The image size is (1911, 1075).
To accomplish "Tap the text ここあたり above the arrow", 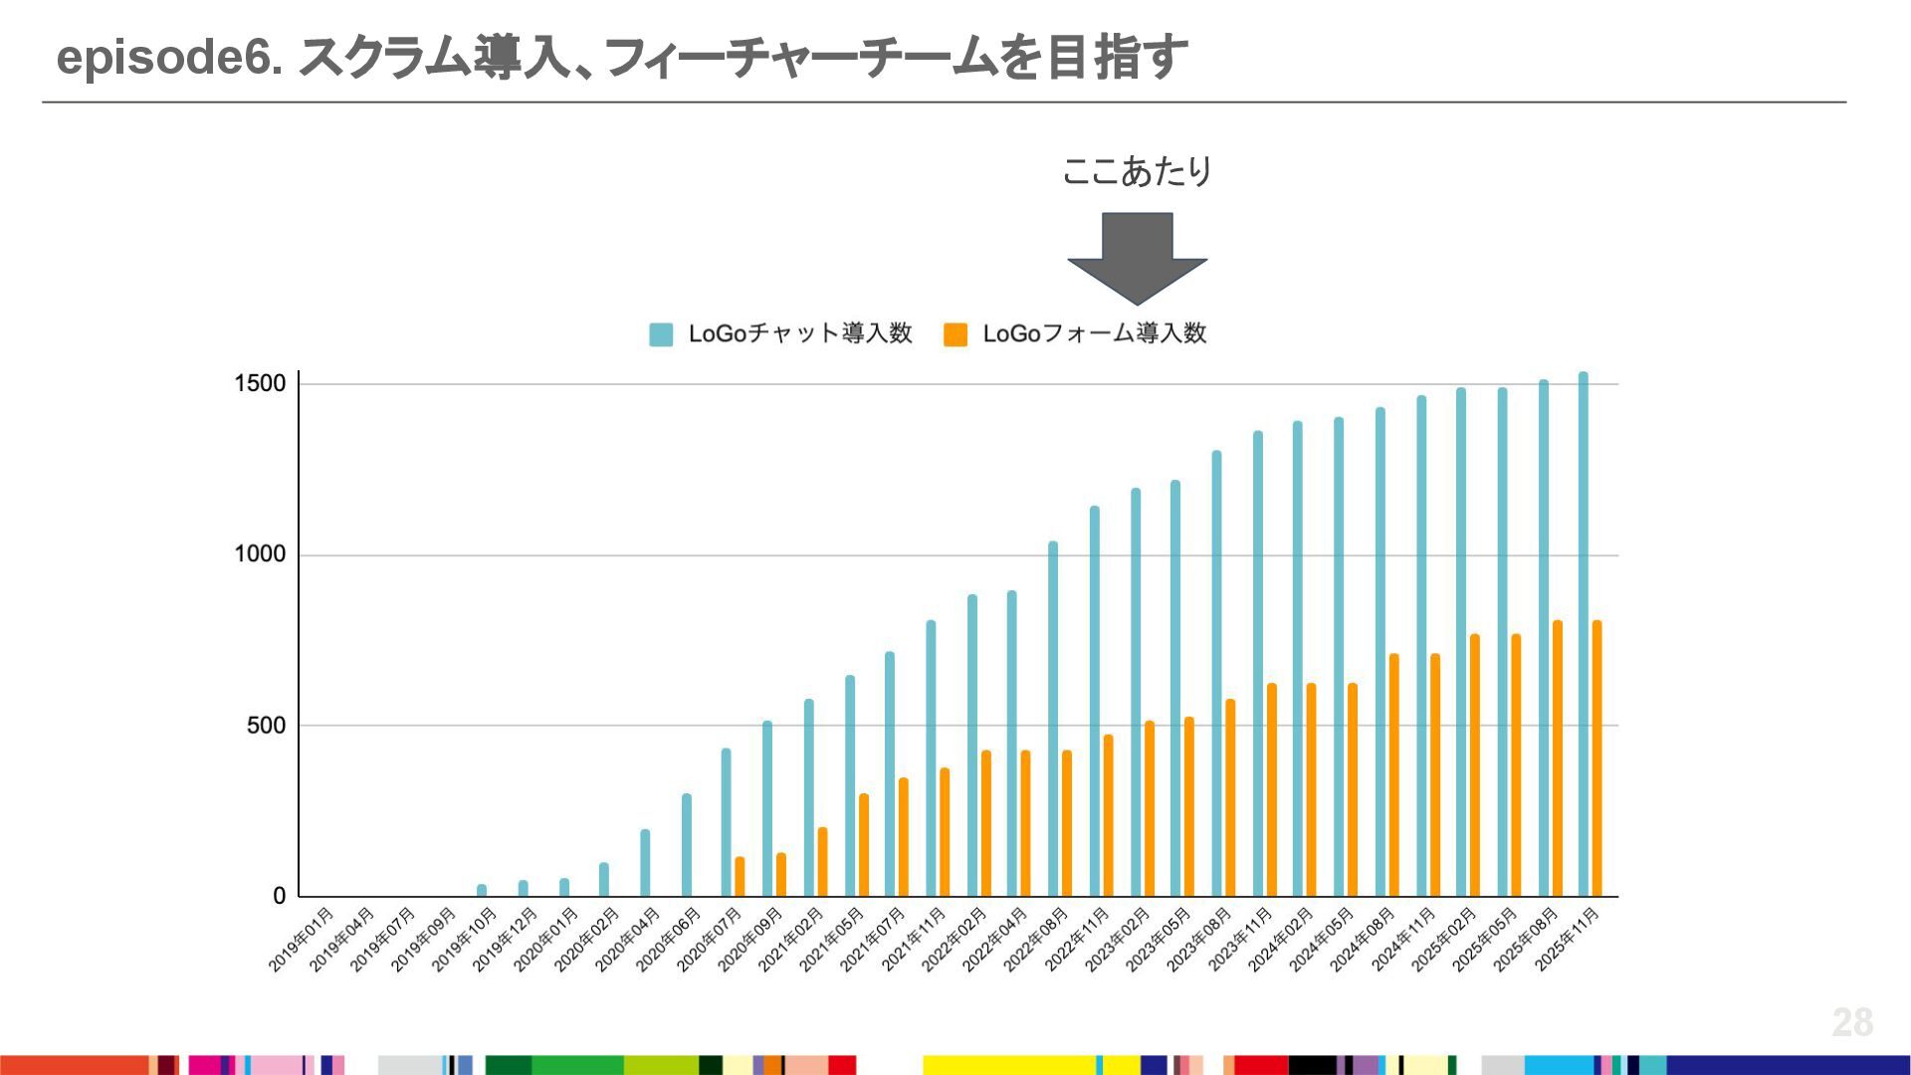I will click(1137, 171).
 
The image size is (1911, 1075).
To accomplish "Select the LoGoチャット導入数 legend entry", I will click(781, 333).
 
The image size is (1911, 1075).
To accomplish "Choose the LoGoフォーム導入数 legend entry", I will click(1076, 333).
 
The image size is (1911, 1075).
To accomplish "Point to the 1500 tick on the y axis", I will click(260, 384).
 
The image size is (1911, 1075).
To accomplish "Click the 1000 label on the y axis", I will click(260, 554).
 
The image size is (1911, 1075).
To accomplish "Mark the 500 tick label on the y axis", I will click(266, 726).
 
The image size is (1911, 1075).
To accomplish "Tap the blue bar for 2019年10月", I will click(482, 890).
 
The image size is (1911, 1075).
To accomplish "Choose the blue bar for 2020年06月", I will click(687, 845).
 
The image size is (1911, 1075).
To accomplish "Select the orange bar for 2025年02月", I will click(1474, 765).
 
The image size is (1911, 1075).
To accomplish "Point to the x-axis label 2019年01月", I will click(301, 940).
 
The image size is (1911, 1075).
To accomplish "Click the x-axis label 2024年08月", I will click(1362, 940).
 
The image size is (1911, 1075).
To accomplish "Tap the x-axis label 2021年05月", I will click(831, 940).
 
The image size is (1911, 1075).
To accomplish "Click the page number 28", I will click(1852, 1022).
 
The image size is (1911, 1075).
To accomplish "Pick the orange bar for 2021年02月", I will click(822, 862).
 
